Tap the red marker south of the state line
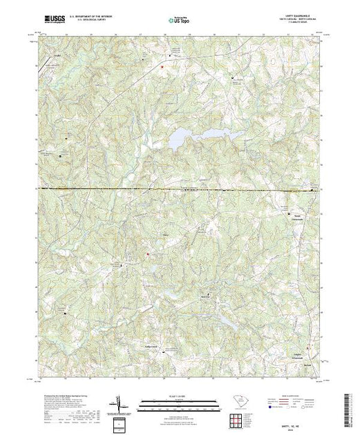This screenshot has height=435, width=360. (146, 255)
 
